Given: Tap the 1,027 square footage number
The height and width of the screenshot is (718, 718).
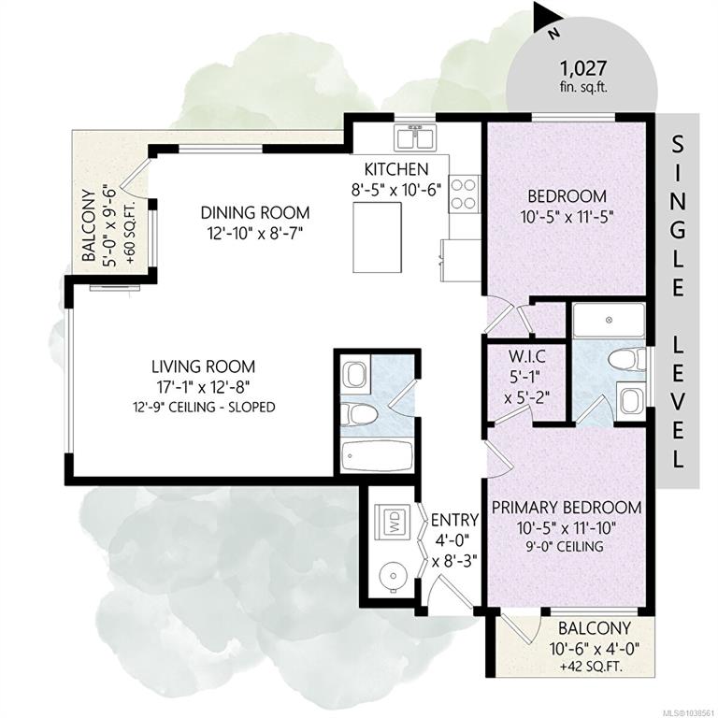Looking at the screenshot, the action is pyautogui.click(x=583, y=68).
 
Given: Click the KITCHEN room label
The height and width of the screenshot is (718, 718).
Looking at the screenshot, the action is pyautogui.click(x=396, y=169).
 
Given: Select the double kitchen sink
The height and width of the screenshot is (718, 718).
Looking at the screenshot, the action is pyautogui.click(x=415, y=137).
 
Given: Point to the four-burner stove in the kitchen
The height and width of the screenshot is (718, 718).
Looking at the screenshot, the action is pyautogui.click(x=464, y=194).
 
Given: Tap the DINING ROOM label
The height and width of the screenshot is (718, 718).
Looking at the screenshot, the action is pyautogui.click(x=255, y=212).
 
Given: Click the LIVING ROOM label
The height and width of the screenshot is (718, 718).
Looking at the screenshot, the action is pyautogui.click(x=203, y=366).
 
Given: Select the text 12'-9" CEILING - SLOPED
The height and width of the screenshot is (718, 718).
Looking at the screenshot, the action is pyautogui.click(x=204, y=407).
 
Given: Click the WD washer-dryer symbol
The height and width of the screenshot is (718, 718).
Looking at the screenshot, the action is pyautogui.click(x=394, y=522).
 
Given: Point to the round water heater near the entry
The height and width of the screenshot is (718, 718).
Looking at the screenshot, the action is pyautogui.click(x=393, y=575).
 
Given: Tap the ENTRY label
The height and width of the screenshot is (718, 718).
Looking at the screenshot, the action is pyautogui.click(x=454, y=520).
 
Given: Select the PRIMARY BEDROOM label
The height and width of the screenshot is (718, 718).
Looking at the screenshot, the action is pyautogui.click(x=567, y=508).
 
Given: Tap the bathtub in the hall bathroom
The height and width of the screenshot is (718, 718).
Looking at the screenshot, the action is pyautogui.click(x=376, y=456).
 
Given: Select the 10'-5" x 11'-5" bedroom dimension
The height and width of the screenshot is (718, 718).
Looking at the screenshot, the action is pyautogui.click(x=567, y=216).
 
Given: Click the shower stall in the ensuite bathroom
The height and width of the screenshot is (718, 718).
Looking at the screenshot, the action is pyautogui.click(x=609, y=321).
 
